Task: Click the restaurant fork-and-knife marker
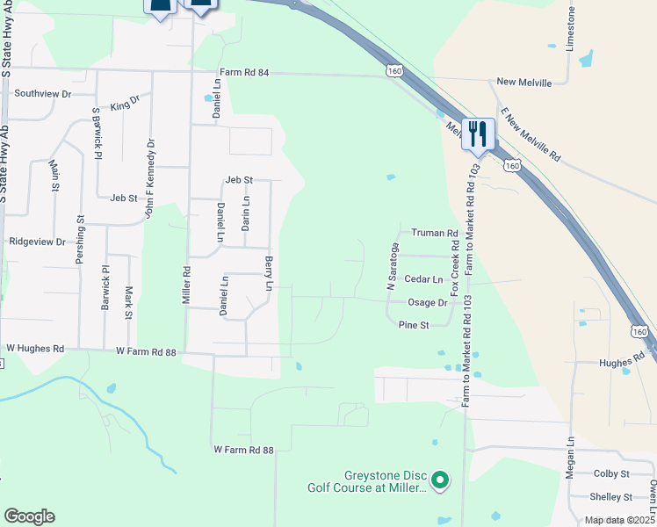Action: (479, 134)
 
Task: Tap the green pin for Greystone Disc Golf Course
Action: (441, 480)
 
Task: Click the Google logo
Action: (28, 516)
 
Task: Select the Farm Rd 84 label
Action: (242, 72)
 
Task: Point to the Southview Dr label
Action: (42, 92)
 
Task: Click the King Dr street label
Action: (126, 105)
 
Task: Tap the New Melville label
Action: (523, 83)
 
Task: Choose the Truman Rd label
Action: (436, 234)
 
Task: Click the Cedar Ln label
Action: (424, 279)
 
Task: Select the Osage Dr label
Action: (428, 302)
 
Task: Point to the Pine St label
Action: (413, 325)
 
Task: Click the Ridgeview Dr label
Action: (37, 241)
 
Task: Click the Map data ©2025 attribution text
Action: (619, 520)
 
